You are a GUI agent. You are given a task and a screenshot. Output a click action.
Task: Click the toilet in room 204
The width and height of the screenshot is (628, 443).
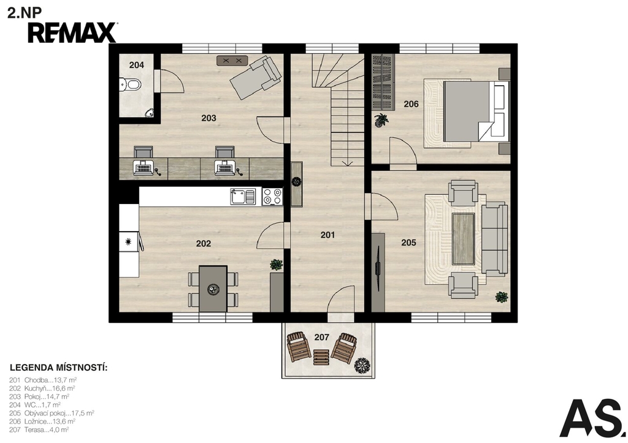tap(130, 85)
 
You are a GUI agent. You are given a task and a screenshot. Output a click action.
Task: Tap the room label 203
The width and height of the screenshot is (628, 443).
tap(209, 118)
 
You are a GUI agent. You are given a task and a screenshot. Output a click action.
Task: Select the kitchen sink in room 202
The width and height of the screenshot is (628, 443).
tap(243, 197)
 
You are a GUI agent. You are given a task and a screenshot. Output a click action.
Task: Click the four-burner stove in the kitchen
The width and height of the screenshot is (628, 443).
tap(272, 197)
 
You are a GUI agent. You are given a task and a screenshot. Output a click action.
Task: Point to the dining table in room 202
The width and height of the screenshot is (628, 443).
tap(213, 288)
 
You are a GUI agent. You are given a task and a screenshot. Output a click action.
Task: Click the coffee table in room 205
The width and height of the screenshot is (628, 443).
tap(463, 238)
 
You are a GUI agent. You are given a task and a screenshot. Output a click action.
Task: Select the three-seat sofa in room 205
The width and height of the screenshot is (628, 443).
tap(494, 239)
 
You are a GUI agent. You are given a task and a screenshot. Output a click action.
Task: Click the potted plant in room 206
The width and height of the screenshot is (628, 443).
tap(381, 119)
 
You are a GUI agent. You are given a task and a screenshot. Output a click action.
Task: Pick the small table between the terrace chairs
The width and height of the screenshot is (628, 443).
tap(321, 357)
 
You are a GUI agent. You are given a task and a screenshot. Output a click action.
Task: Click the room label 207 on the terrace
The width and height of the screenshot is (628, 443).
tap(321, 338)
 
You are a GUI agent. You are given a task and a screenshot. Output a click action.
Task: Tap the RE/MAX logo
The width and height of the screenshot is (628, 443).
tap(72, 33)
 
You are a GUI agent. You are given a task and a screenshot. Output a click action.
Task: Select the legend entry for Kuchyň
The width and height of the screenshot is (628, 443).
tap(42, 388)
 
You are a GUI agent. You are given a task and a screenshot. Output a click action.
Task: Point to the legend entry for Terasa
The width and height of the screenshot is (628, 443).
tap(39, 430)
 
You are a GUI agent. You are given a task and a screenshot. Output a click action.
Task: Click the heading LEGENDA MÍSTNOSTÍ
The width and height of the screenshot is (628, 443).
tap(58, 368)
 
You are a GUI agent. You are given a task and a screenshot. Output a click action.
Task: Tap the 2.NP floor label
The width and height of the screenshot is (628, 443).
tap(25, 13)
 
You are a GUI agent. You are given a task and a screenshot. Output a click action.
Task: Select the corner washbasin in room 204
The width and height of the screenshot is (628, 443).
tap(150, 113)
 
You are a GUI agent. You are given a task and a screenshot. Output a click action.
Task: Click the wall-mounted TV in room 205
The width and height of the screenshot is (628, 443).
tap(378, 269)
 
